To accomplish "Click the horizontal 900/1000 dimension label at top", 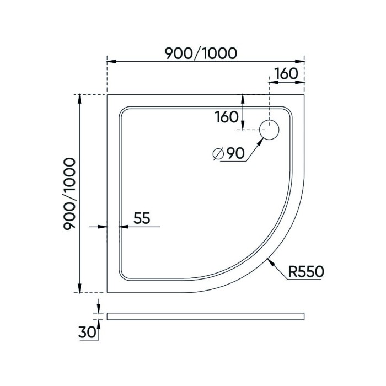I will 201,53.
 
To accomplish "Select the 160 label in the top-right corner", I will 286,73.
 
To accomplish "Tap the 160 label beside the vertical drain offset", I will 226,117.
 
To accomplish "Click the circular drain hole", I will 270,130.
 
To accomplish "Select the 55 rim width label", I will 142,218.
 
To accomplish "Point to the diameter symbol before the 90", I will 217,154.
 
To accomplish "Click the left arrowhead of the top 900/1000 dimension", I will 110,61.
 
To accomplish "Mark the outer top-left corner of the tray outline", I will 107,94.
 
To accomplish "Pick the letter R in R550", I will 293,271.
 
